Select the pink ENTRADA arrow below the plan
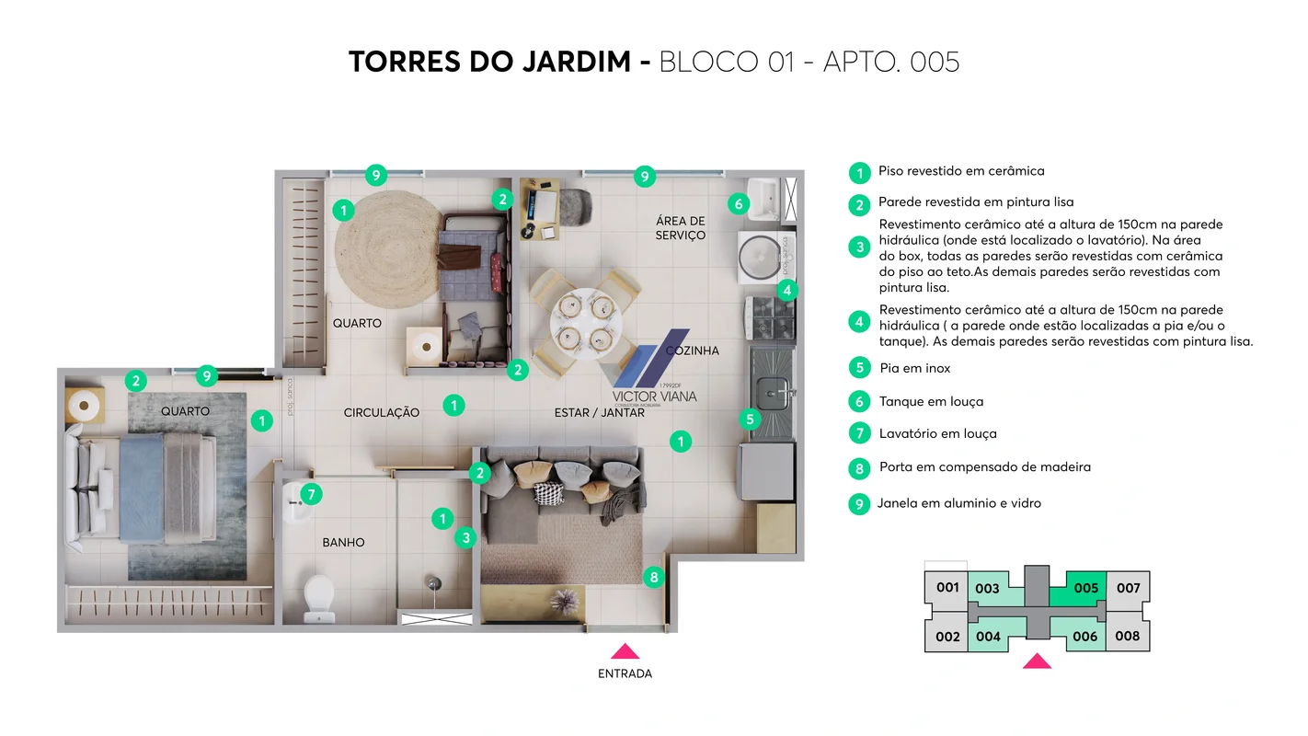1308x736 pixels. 625,651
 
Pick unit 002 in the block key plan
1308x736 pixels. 947,637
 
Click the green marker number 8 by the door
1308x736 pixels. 653,578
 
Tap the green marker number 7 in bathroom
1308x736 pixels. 311,495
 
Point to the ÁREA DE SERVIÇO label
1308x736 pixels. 681,228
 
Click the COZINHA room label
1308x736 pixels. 692,351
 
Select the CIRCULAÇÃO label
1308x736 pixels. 381,413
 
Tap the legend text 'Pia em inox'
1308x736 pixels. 914,368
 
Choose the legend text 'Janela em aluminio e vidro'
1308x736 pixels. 958,503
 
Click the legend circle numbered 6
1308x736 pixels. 859,402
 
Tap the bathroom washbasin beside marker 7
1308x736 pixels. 294,501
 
